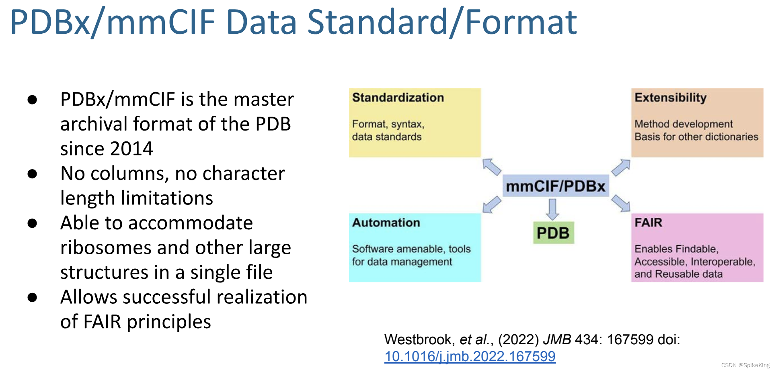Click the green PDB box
pyautogui.click(x=553, y=233)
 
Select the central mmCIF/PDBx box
pyautogui.click(x=556, y=186)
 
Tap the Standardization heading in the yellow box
pyautogui.click(x=398, y=98)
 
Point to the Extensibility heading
pyautogui.click(x=670, y=98)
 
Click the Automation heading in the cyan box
pyautogui.click(x=386, y=223)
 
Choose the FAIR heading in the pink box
pyautogui.click(x=648, y=223)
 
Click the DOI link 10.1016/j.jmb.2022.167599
pyautogui.click(x=470, y=356)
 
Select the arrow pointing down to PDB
pyautogui.click(x=553, y=209)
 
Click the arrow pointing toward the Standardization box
pyautogui.click(x=492, y=167)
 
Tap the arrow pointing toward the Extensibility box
pyautogui.click(x=621, y=167)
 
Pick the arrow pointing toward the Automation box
pyautogui.click(x=492, y=204)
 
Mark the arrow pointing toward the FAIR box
pyautogui.click(x=621, y=203)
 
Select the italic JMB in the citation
pyautogui.click(x=557, y=339)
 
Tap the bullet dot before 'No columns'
pyautogui.click(x=33, y=174)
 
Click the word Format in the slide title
pyautogui.click(x=521, y=22)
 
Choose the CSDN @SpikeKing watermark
pyautogui.click(x=745, y=365)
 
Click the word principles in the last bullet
pyautogui.click(x=169, y=322)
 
